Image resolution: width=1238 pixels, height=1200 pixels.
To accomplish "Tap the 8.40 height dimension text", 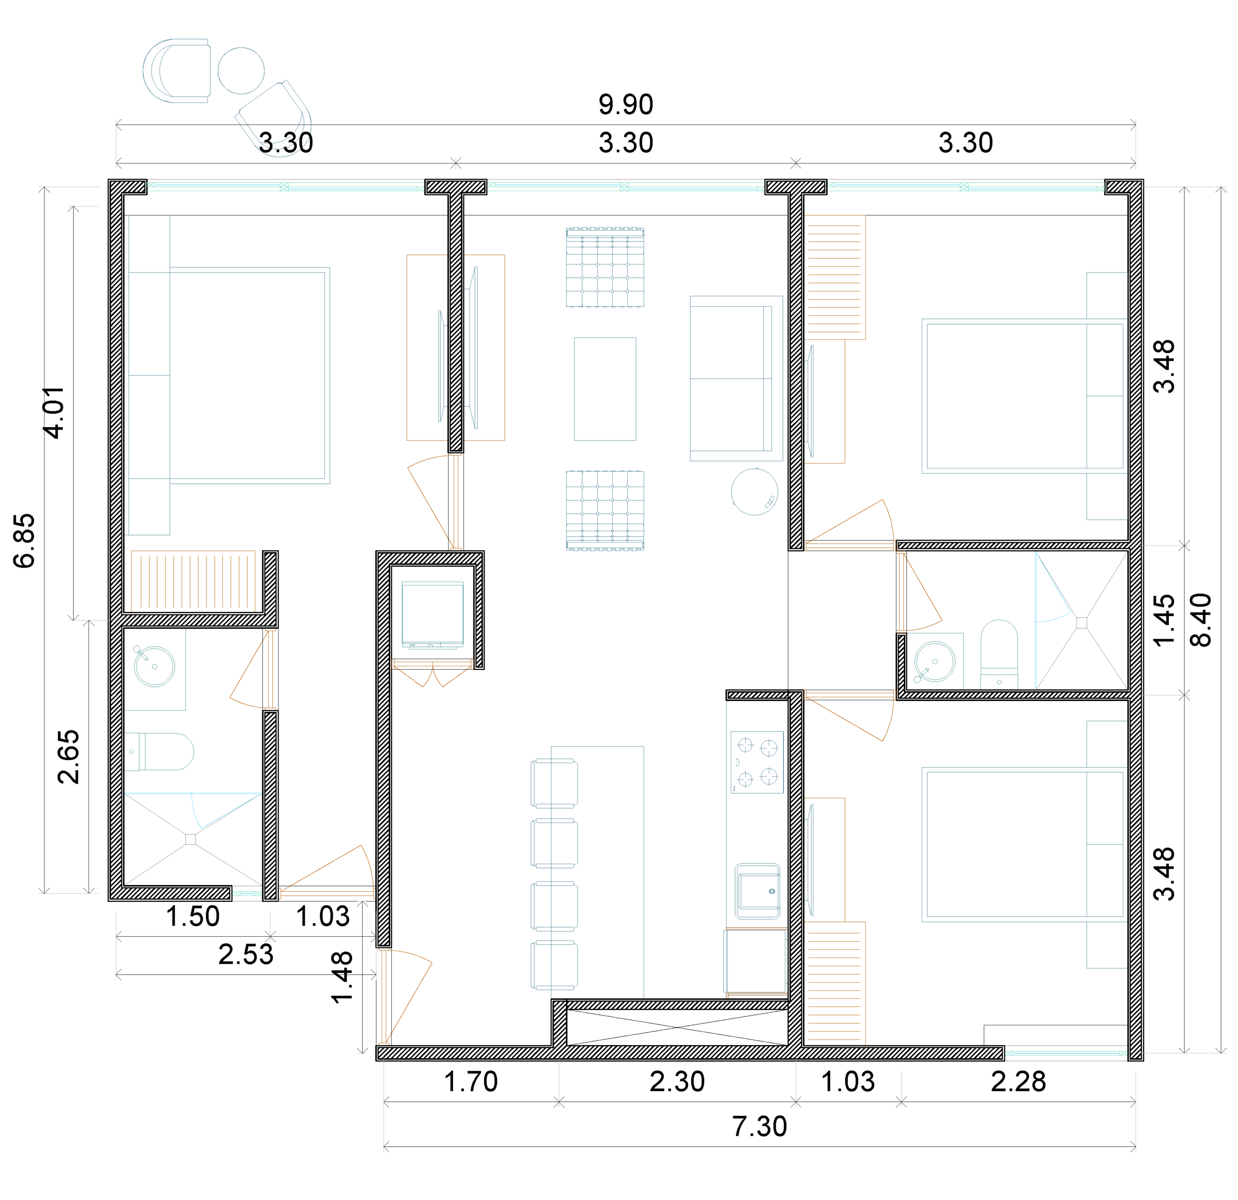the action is [x=1201, y=620].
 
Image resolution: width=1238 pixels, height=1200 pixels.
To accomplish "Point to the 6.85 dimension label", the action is [x=25, y=541].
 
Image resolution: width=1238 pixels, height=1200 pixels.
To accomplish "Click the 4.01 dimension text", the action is [x=54, y=412].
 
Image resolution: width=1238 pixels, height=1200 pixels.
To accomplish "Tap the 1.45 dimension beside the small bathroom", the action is [x=1164, y=620].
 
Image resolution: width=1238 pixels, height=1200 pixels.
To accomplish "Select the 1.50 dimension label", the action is [x=192, y=916].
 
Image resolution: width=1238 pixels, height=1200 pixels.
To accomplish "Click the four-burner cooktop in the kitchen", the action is [x=757, y=762].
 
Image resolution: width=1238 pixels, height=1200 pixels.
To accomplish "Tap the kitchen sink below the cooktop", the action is [x=758, y=892].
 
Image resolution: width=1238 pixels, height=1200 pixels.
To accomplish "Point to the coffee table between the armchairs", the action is [x=605, y=389].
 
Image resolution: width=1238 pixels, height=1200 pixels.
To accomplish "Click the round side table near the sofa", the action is [x=754, y=492].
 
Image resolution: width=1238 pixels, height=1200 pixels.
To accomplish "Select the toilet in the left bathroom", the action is [x=159, y=752].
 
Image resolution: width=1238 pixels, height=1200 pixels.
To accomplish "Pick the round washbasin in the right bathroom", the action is [x=935, y=661].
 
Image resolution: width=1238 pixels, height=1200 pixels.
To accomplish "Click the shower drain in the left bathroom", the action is [x=191, y=839].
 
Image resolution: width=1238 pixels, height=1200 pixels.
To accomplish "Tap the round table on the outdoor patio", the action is [x=241, y=71].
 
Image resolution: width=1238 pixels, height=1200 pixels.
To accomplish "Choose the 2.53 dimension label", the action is [x=246, y=954].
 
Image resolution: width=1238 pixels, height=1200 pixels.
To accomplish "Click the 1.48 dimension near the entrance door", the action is [x=342, y=977].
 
